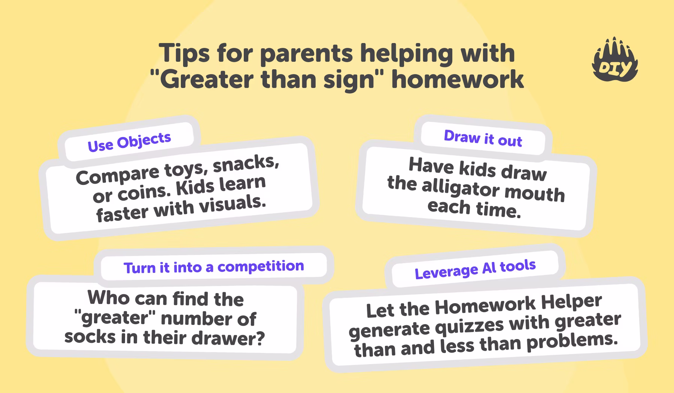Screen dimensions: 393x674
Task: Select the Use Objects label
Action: [129, 142]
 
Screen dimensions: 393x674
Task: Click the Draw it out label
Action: [483, 138]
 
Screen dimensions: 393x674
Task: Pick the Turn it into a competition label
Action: [213, 267]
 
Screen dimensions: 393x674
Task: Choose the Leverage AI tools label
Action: [475, 269]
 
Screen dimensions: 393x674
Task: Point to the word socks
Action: [90, 336]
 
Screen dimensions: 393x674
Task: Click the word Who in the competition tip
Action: [109, 298]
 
